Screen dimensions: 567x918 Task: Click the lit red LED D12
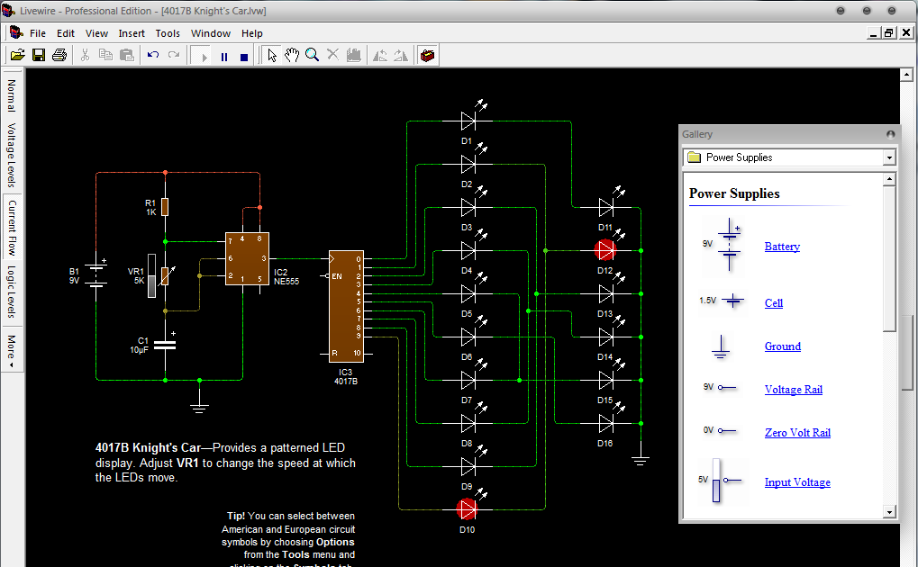604,250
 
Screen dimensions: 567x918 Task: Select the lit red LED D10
468,509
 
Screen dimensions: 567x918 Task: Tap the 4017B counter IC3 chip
346,304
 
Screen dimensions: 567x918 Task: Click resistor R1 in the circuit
165,207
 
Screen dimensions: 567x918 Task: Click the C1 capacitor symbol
165,344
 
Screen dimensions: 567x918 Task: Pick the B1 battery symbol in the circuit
96,274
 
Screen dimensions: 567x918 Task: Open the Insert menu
132,33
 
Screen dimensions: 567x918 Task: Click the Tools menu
168,33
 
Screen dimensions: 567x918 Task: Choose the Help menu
252,33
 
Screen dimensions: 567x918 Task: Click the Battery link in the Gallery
782,247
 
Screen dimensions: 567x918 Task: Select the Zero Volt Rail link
797,433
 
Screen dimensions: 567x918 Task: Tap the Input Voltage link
797,482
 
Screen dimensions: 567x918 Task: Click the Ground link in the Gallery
782,346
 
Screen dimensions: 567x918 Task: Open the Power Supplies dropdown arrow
889,157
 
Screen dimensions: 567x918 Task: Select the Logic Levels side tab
12,292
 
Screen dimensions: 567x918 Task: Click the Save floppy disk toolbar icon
39,56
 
